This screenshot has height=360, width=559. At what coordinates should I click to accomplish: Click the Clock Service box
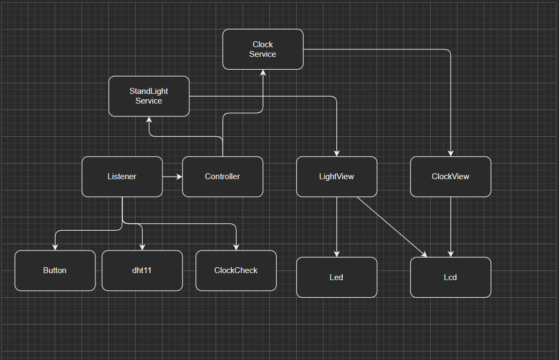pos(263,49)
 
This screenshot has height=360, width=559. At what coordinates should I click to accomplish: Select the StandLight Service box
pos(149,96)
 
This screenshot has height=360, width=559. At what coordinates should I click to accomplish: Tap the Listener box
pos(122,177)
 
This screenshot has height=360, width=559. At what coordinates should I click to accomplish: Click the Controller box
pos(223,177)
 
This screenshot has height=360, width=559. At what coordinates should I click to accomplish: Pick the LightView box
pos(336,177)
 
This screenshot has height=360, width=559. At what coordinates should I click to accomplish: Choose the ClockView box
pos(451,177)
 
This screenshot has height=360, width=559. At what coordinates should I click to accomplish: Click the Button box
pos(55,270)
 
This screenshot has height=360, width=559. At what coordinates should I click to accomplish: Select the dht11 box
pos(142,270)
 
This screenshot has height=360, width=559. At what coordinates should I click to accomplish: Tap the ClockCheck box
pos(236,270)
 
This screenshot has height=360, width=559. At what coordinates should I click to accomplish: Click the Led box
pos(336,277)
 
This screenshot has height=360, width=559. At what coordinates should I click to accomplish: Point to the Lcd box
pos(451,277)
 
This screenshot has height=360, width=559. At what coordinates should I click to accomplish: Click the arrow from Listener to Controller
pos(172,177)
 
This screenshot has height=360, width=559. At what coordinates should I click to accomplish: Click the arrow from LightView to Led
pos(337,225)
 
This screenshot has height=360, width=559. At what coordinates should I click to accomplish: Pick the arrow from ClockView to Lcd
pos(451,225)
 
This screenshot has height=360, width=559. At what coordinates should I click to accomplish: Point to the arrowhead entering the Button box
pos(55,247)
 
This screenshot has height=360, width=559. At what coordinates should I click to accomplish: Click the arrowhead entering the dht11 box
pos(142,247)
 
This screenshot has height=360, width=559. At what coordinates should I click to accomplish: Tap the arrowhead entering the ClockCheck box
pos(236,247)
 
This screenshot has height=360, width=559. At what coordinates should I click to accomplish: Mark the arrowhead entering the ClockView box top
pos(451,153)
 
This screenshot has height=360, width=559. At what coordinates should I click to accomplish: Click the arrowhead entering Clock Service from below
pos(263,74)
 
